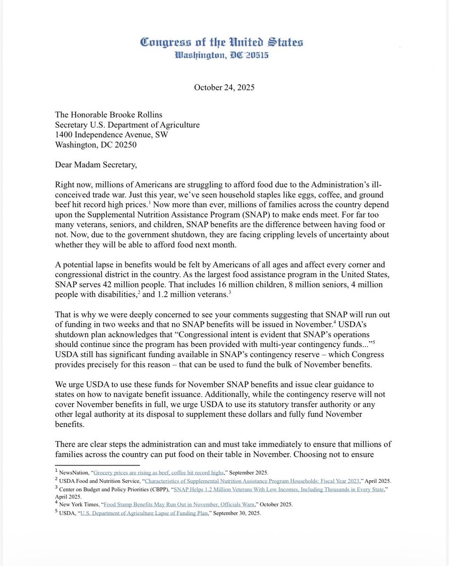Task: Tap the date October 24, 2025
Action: pyautogui.click(x=224, y=88)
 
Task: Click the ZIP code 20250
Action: pyautogui.click(x=124, y=145)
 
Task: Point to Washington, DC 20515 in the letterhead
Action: pyautogui.click(x=221, y=56)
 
